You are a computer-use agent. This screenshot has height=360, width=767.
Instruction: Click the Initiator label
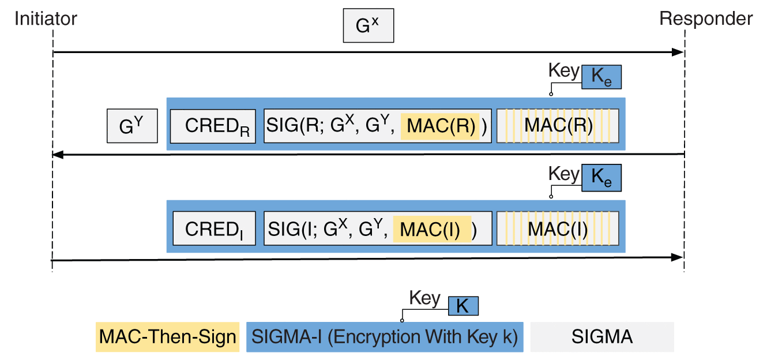tap(46, 18)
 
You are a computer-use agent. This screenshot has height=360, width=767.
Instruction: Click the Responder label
tap(706, 18)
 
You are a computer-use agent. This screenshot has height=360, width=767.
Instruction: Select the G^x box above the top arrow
tap(369, 26)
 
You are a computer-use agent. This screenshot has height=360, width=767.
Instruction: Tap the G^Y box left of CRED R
tap(132, 127)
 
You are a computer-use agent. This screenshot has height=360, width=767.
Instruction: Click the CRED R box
tap(213, 125)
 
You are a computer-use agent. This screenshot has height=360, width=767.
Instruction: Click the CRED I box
tap(213, 228)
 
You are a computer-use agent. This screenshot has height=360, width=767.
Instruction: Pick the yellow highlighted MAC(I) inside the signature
tap(432, 229)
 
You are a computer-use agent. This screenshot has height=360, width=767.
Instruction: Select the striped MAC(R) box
tap(558, 125)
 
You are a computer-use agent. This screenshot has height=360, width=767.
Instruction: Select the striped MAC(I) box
tap(558, 228)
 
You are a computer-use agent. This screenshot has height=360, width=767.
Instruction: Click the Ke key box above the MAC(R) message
tap(601, 77)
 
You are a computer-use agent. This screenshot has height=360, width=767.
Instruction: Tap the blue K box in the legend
tap(462, 306)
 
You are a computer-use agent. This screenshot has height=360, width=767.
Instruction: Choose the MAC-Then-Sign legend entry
tap(167, 337)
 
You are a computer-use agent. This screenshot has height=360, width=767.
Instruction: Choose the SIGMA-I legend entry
tap(385, 337)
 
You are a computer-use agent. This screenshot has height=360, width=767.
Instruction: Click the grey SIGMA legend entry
tap(601, 337)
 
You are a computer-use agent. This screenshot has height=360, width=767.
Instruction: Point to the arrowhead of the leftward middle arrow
tap(57, 155)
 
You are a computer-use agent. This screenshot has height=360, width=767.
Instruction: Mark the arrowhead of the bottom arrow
tap(678, 257)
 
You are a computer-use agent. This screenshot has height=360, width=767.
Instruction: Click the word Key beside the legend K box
tap(424, 298)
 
